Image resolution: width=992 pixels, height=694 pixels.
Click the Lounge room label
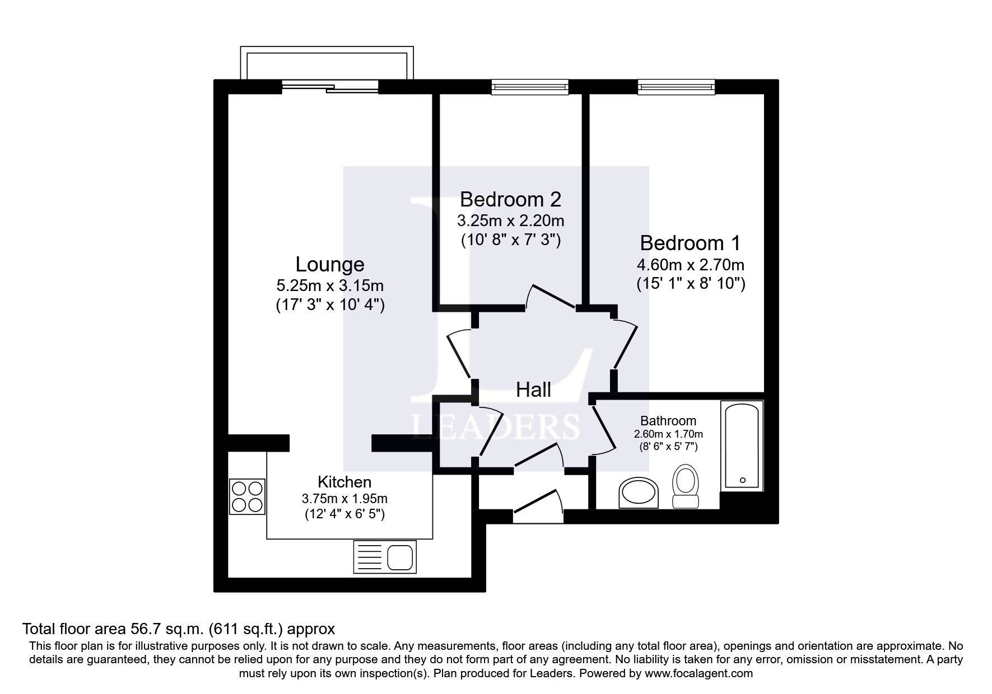click(329, 264)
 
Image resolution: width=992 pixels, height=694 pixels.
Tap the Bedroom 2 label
click(510, 199)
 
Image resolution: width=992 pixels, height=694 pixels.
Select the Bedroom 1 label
click(690, 243)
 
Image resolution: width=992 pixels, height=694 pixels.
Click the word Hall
click(533, 390)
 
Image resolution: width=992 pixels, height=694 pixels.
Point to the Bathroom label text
click(668, 420)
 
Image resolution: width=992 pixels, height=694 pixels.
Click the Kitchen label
click(344, 481)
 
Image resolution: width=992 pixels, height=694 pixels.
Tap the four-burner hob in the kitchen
click(247, 496)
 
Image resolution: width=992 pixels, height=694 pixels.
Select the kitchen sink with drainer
click(385, 557)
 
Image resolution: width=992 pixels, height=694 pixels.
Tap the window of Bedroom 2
click(530, 86)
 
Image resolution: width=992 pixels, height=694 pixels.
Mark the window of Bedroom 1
click(676, 86)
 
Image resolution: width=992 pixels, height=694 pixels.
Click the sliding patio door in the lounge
click(330, 87)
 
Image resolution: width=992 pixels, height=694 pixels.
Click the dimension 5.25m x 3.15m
click(329, 286)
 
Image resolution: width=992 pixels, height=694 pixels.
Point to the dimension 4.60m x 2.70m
click(690, 264)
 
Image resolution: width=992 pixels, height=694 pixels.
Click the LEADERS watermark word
click(496, 426)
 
